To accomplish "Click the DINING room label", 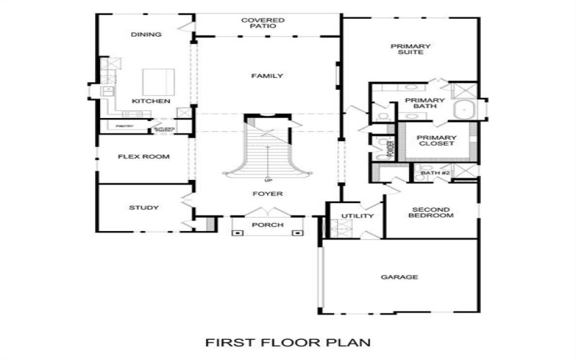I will pyautogui.click(x=145, y=35).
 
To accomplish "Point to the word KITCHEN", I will pyautogui.click(x=150, y=102).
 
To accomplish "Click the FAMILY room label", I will pyautogui.click(x=267, y=76).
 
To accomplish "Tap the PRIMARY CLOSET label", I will pyautogui.click(x=436, y=140).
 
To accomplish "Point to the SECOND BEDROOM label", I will pyautogui.click(x=431, y=212).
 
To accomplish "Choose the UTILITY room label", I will pyautogui.click(x=358, y=216).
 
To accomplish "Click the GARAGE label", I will pyautogui.click(x=400, y=277).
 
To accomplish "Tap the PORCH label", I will pyautogui.click(x=267, y=225).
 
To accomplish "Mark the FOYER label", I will pyautogui.click(x=267, y=194).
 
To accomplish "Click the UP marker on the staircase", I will pyautogui.click(x=269, y=179).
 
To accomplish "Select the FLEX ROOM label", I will pyautogui.click(x=144, y=156).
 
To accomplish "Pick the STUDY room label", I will pyautogui.click(x=144, y=208).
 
